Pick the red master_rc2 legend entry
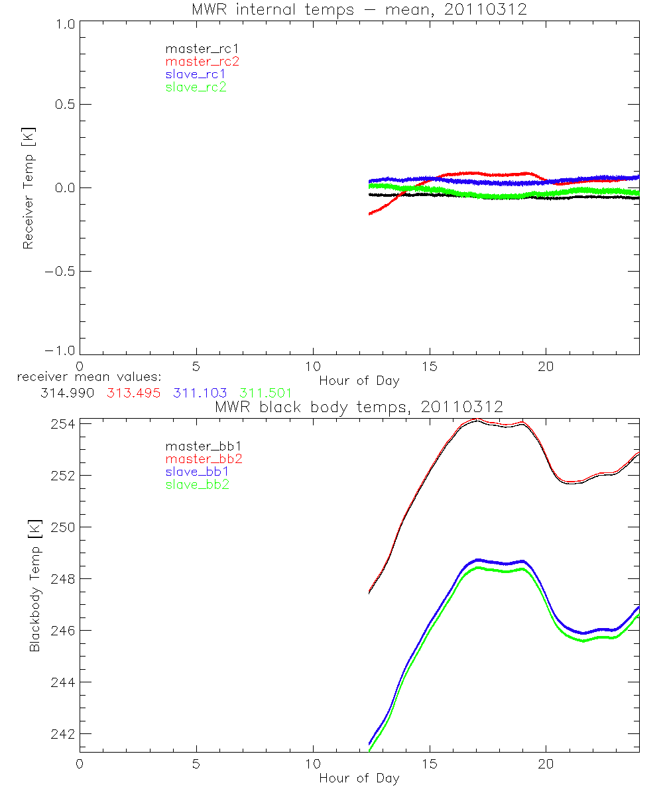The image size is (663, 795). tap(202, 62)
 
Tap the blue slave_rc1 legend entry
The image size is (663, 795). tap(196, 74)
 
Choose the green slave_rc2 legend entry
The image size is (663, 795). tap(196, 87)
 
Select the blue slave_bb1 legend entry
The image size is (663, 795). tap(198, 472)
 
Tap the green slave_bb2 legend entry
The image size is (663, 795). tap(198, 485)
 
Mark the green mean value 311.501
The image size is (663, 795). tap(265, 393)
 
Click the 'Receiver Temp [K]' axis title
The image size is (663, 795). tap(28, 188)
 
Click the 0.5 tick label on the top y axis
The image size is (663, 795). tap(61, 104)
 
